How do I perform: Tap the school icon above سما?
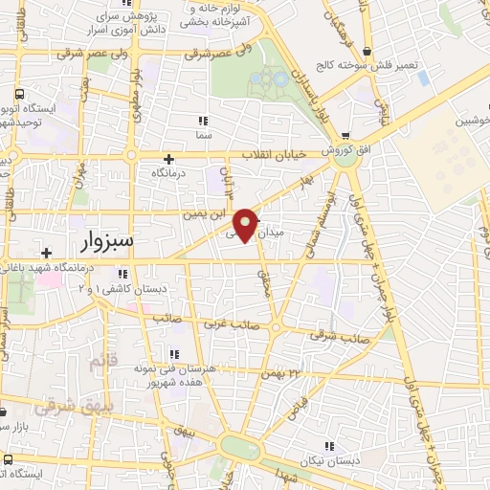pyautogui.click(x=202, y=121)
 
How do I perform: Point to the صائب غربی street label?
pyautogui.click(x=222, y=325)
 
